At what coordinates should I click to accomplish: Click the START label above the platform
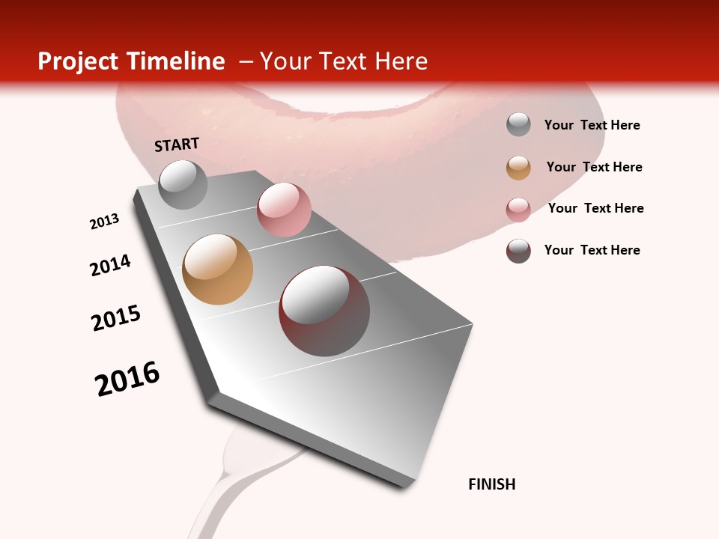tap(177, 144)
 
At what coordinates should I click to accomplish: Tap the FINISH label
tap(491, 484)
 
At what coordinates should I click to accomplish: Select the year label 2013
tap(104, 222)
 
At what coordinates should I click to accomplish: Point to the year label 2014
tap(110, 265)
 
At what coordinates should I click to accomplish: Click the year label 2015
tap(116, 318)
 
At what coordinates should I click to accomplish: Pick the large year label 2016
tap(127, 379)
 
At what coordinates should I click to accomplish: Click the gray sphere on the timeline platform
tap(183, 184)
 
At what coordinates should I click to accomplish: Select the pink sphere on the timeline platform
tap(284, 210)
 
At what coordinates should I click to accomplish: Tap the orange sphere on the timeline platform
tap(217, 269)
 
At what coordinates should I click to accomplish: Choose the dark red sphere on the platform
tap(324, 311)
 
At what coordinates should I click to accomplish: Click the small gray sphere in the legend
tap(518, 125)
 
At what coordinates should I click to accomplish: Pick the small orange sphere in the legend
tap(518, 167)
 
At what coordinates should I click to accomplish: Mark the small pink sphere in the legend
tap(518, 209)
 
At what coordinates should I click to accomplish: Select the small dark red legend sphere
tap(518, 250)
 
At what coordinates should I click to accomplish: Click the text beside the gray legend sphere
tap(592, 125)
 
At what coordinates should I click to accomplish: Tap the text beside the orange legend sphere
tap(594, 167)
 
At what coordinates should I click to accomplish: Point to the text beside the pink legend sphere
tap(595, 208)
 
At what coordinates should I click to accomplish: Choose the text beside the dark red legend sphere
tap(592, 250)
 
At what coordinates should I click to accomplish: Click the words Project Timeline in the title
tap(131, 61)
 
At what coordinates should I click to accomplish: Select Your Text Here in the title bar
tap(343, 61)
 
